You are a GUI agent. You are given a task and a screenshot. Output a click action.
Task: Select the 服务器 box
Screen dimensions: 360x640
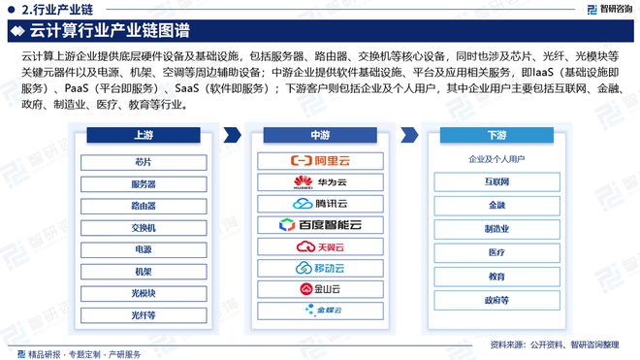[x=143, y=183]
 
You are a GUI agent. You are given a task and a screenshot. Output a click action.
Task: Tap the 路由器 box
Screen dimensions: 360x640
[x=143, y=205]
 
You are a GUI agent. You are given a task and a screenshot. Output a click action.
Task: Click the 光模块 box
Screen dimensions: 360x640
[x=143, y=292]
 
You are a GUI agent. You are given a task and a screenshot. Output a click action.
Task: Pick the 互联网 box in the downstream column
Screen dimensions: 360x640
[x=496, y=181]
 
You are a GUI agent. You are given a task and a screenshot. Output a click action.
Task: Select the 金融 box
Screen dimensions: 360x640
[x=496, y=205]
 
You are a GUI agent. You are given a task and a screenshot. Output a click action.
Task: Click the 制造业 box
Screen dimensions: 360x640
[x=496, y=229]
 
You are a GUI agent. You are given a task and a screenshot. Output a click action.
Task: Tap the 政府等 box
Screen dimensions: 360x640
[x=496, y=300]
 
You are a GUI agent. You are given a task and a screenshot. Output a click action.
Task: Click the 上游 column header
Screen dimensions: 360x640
[x=143, y=136]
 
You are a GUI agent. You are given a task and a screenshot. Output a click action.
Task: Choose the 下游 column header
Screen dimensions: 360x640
[x=496, y=136]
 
